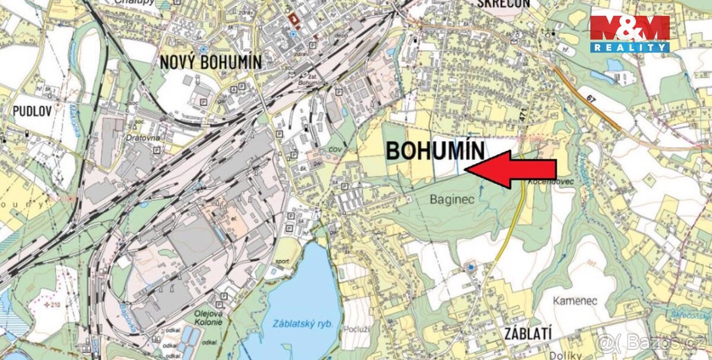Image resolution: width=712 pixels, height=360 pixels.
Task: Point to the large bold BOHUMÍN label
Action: tap(436, 151)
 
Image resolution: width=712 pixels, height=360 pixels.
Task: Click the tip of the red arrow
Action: tap(466, 170)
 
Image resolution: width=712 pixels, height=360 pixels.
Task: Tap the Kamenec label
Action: tap(574, 301)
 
